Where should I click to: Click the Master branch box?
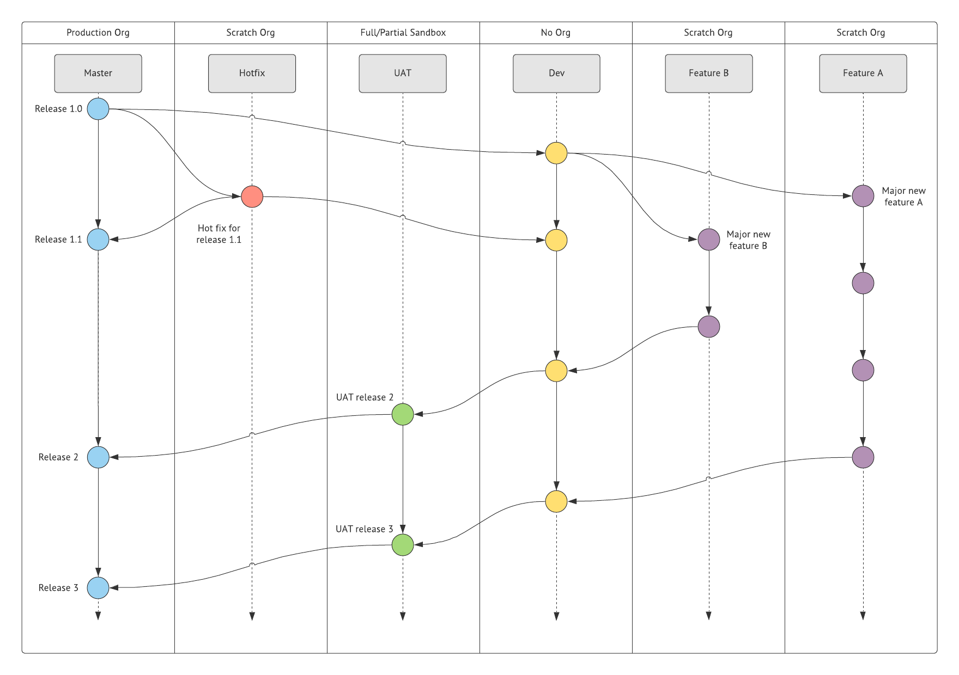pyautogui.click(x=98, y=73)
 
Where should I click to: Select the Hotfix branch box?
pyautogui.click(x=252, y=73)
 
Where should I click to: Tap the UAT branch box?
pyautogui.click(x=403, y=73)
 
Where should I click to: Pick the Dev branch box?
pyautogui.click(x=556, y=73)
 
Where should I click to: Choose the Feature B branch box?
pyautogui.click(x=708, y=73)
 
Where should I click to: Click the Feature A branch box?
pyautogui.click(x=863, y=73)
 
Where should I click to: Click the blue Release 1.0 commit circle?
pyautogui.click(x=98, y=109)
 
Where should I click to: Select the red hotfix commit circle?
pyautogui.click(x=252, y=197)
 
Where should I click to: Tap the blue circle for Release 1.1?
pyautogui.click(x=98, y=240)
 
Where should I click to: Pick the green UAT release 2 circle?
pyautogui.click(x=403, y=414)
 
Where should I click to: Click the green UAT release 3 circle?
pyautogui.click(x=403, y=545)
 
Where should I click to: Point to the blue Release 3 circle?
pyautogui.click(x=98, y=588)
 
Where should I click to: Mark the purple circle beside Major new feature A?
pyautogui.click(x=863, y=196)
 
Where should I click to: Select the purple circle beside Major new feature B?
pyautogui.click(x=708, y=240)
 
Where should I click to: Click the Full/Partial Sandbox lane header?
pyautogui.click(x=403, y=33)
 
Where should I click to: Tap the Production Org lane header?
pyautogui.click(x=98, y=33)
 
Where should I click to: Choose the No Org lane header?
pyautogui.click(x=555, y=33)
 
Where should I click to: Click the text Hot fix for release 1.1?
pyautogui.click(x=218, y=234)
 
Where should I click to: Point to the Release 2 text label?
pyautogui.click(x=58, y=457)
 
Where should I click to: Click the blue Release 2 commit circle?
pyautogui.click(x=98, y=457)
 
